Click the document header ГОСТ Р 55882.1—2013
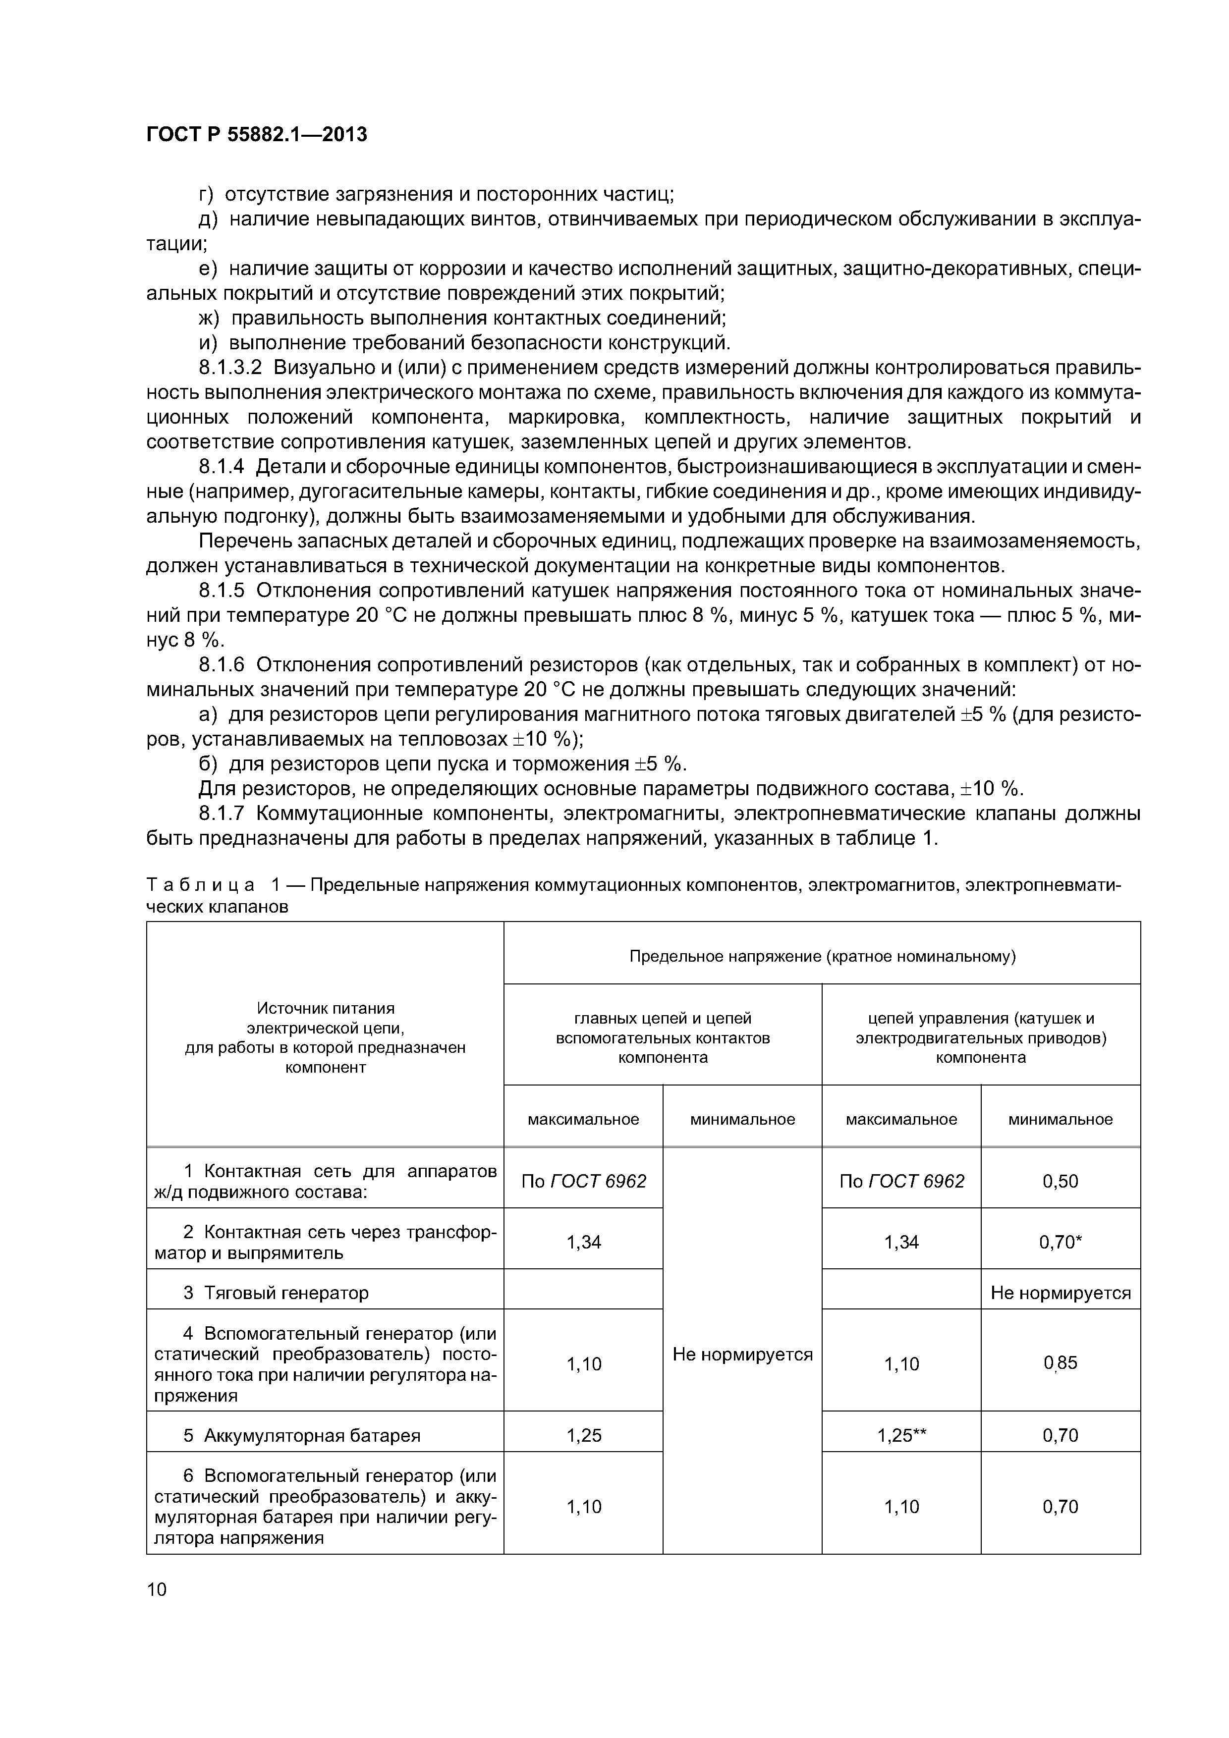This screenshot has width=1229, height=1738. pyautogui.click(x=256, y=135)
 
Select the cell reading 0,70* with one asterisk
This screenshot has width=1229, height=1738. pyautogui.click(x=1060, y=1242)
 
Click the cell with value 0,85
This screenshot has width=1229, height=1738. pyautogui.click(x=1060, y=1363)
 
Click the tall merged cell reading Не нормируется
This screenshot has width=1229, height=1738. pyautogui.click(x=742, y=1354)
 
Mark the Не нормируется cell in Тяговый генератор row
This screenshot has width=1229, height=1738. pyautogui.click(x=1060, y=1293)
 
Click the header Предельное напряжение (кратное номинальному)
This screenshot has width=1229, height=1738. pyautogui.click(x=822, y=957)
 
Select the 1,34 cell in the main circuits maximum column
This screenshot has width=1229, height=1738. pyautogui.click(x=583, y=1242)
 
